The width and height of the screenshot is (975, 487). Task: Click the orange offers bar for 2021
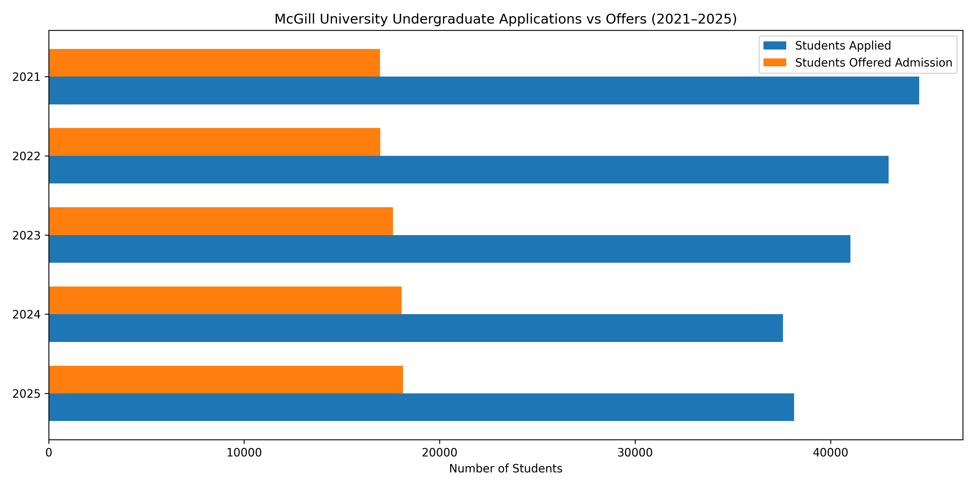(214, 63)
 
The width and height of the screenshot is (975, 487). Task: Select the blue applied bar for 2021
(484, 90)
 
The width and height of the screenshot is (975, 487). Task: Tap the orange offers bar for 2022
(214, 142)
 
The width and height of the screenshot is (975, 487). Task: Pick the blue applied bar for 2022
(469, 169)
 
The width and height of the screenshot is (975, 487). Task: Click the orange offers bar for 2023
(221, 221)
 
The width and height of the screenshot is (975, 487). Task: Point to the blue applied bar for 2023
(450, 249)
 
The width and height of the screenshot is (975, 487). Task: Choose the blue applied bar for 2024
(415, 328)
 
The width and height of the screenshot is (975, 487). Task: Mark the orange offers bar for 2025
(226, 379)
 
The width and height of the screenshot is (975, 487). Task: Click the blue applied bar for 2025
(421, 407)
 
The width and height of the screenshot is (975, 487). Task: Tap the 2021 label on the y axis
(26, 77)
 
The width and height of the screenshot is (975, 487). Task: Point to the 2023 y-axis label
(26, 236)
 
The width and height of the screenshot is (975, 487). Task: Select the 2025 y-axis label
(26, 394)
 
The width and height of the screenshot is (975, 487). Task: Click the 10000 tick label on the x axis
(244, 453)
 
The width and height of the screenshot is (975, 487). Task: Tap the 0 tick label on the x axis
(49, 453)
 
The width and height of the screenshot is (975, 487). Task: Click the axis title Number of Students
(506, 469)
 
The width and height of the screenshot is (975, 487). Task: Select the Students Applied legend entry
(843, 46)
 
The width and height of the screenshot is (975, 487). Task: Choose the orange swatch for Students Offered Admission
(775, 63)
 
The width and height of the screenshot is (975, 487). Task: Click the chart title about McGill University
(506, 19)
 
